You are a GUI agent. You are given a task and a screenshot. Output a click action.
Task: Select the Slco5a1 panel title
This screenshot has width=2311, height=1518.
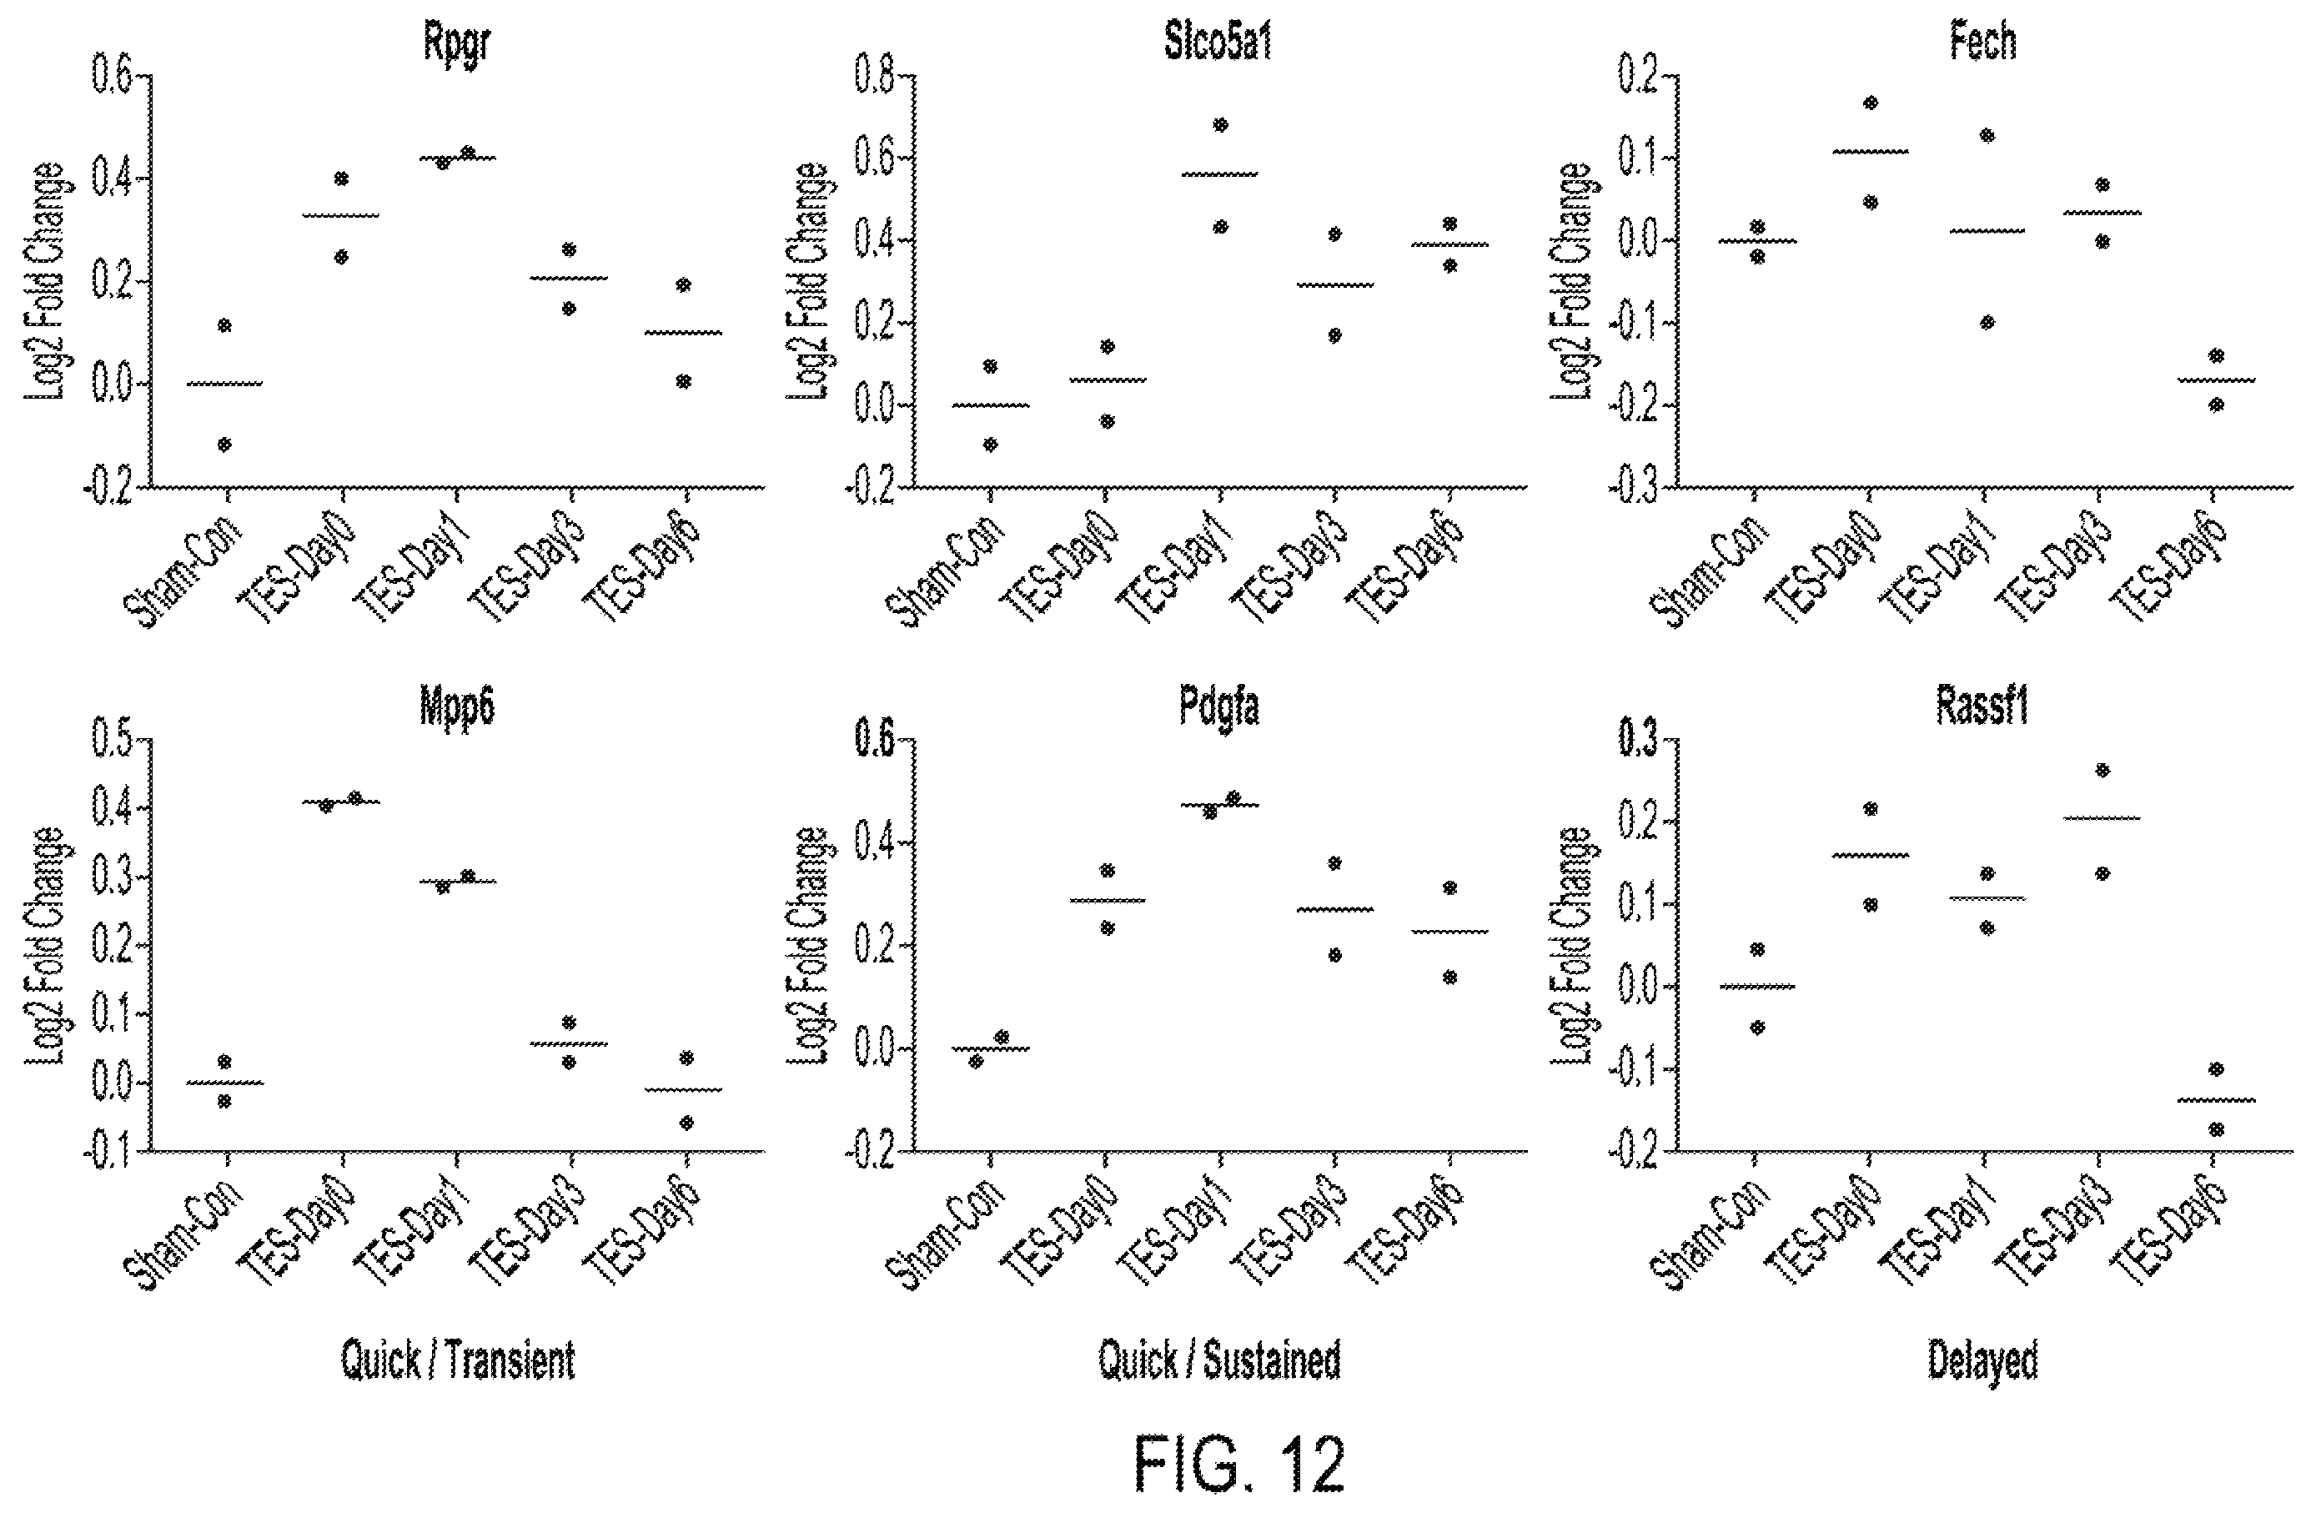[x=1218, y=43]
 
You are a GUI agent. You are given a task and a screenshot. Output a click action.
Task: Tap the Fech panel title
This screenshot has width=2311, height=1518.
[x=1982, y=43]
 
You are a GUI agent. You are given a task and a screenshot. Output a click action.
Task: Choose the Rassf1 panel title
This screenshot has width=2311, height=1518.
[x=1982, y=707]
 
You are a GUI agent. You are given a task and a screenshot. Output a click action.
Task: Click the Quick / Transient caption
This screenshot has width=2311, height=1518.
[x=457, y=1360]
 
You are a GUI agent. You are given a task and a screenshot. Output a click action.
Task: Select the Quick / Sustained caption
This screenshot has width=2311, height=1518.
[x=1219, y=1360]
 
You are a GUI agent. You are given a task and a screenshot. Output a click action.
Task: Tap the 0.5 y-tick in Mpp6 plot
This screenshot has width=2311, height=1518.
[x=113, y=740]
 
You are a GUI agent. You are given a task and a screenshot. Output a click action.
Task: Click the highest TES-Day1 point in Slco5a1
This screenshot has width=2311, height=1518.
[x=1221, y=124]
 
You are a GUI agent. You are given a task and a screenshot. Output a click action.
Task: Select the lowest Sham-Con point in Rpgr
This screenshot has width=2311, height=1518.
[x=224, y=445]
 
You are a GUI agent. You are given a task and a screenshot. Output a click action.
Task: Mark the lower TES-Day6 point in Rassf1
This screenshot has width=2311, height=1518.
[x=2216, y=1129]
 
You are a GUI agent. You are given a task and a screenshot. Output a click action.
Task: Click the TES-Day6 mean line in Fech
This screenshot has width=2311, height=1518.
[x=2216, y=379]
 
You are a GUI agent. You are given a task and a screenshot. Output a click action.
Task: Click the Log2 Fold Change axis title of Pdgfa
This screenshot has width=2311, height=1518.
[x=807, y=946]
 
